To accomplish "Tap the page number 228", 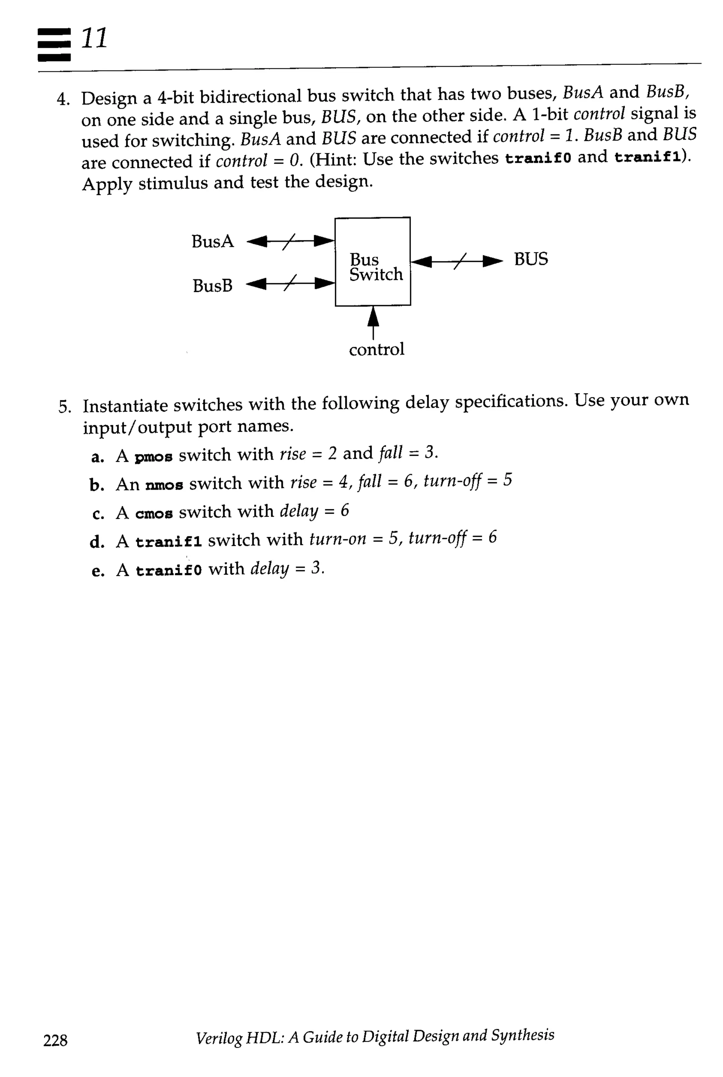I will tap(55, 1040).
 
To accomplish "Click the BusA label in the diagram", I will tap(213, 241).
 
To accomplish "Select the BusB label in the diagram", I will tap(213, 286).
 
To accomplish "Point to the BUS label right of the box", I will tap(531, 259).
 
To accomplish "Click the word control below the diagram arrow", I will tap(376, 349).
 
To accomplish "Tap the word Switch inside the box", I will tap(376, 274).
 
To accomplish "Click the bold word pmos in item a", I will tap(154, 457).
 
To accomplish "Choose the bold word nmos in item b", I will tap(164, 485).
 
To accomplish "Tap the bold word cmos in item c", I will tap(154, 514).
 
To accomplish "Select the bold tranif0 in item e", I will tap(168, 571).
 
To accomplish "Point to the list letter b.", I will tap(96, 485).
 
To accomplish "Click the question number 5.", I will tap(64, 407).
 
